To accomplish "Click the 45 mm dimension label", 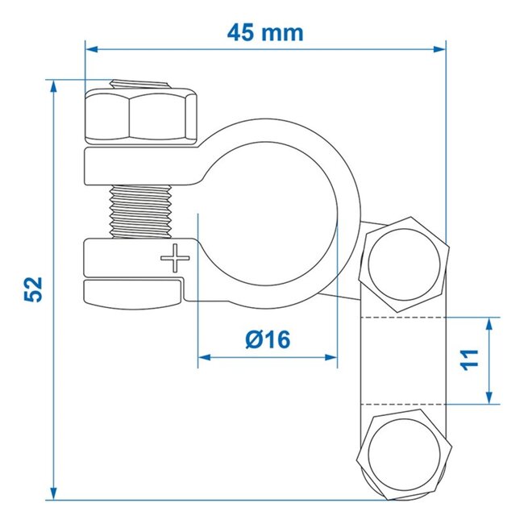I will tap(264, 33).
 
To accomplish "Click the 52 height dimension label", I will tap(34, 289).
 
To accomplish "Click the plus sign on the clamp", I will tap(173, 260).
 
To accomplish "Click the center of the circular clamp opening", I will tap(267, 209).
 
